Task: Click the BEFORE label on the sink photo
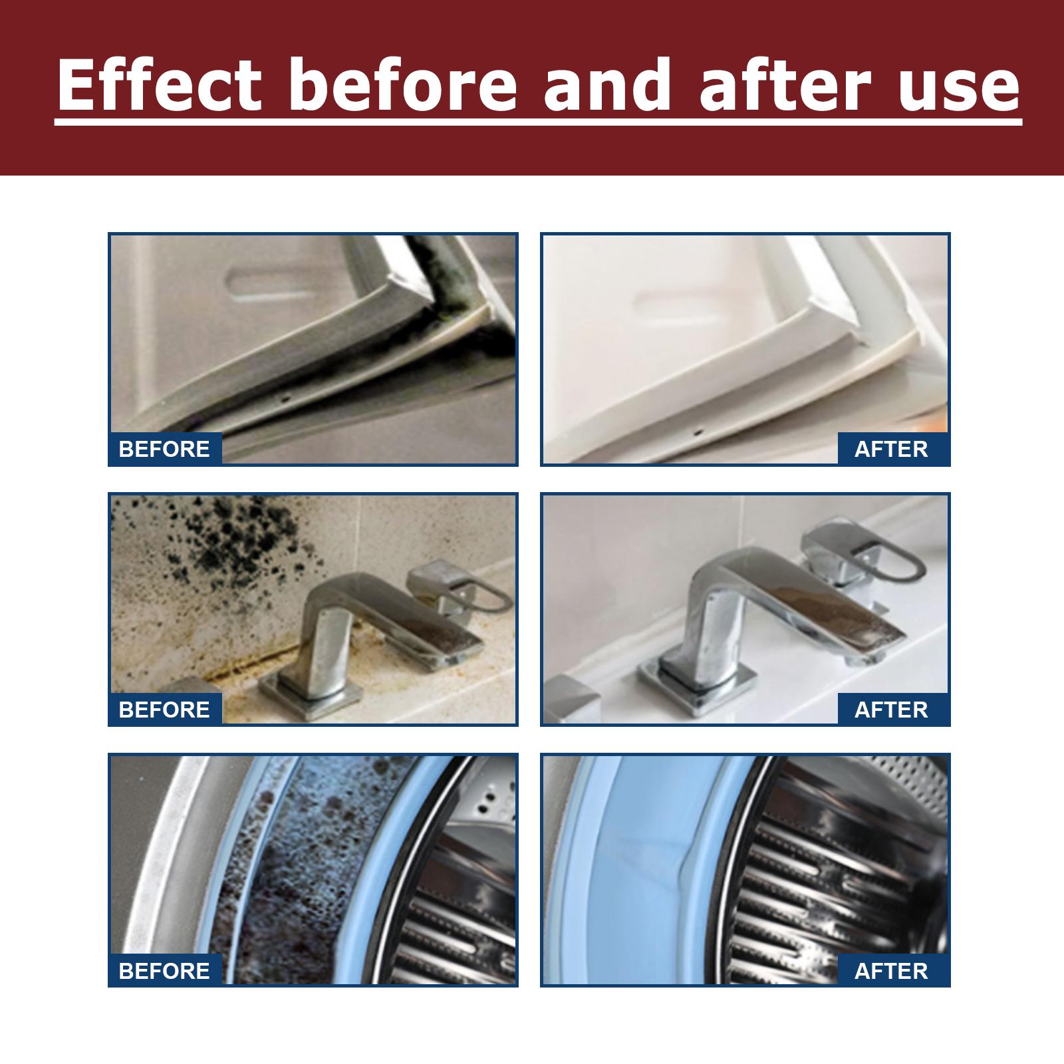[x=164, y=449]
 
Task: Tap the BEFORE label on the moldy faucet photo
[x=164, y=710]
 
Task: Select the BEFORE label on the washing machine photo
[x=164, y=970]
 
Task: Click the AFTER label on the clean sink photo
[x=891, y=449]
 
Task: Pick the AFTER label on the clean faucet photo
[x=891, y=710]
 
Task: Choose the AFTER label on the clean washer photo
[x=891, y=970]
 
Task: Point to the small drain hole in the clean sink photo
[x=697, y=432]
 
